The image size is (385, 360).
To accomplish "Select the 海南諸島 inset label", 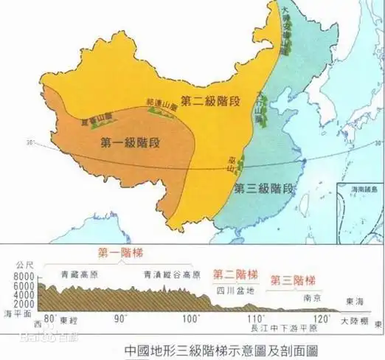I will tap(360, 190).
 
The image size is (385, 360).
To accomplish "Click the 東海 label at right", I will tap(355, 302).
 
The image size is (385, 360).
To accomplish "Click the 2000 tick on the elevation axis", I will tap(24, 303).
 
